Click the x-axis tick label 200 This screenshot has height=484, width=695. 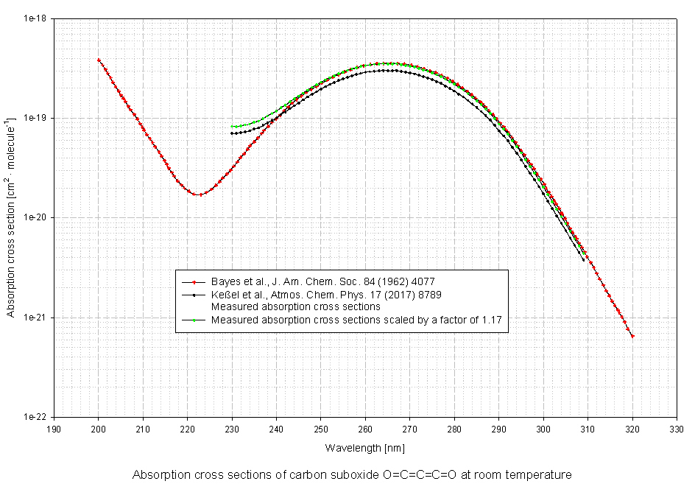(x=98, y=428)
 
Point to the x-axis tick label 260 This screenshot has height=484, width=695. (x=365, y=428)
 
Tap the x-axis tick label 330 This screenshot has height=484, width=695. (x=677, y=428)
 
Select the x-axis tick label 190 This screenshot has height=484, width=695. (x=54, y=428)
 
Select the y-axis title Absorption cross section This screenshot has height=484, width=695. (x=11, y=217)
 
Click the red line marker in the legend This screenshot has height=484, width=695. (x=194, y=282)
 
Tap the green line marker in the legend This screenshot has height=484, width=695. (x=194, y=320)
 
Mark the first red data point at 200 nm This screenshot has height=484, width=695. (x=99, y=60)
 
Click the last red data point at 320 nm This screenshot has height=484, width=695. (x=632, y=336)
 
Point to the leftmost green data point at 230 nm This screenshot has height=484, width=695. (x=232, y=127)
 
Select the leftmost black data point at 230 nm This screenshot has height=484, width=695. (x=232, y=133)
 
